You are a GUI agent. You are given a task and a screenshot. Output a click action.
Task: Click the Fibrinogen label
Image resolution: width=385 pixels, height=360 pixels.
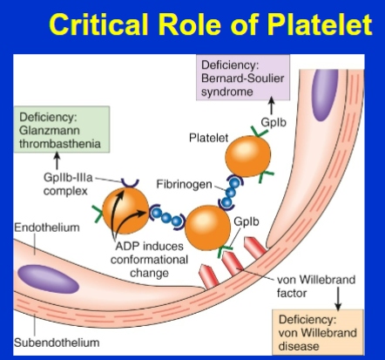coord(181,186)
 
